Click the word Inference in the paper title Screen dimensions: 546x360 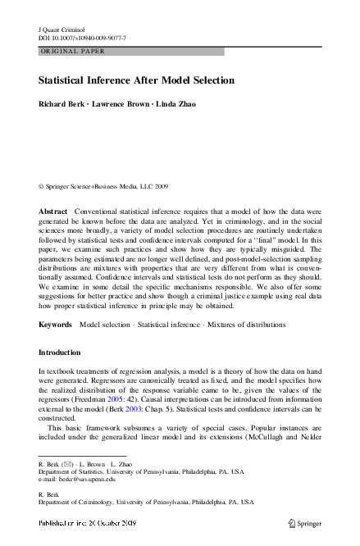pyautogui.click(x=121, y=81)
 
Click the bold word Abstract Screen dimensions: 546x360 pyautogui.click(x=53, y=212)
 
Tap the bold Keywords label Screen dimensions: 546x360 pyautogui.click(x=56, y=325)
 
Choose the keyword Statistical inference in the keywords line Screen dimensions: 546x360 pyautogui.click(x=162, y=325)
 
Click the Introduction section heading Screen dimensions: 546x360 pyautogui.click(x=60, y=353)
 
